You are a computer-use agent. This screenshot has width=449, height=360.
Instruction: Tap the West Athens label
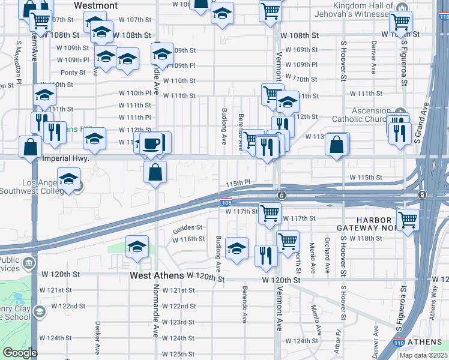pos(156,277)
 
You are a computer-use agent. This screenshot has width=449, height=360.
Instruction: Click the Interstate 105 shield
pos(226,203)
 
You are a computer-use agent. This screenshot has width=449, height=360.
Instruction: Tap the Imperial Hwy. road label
pos(67,159)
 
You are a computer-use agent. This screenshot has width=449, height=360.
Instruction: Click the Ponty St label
pos(73,73)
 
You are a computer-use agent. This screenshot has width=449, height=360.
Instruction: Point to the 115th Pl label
pos(237,182)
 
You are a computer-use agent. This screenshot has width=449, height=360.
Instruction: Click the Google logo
pos(20,352)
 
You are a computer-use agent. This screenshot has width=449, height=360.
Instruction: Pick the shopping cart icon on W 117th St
pos(270,212)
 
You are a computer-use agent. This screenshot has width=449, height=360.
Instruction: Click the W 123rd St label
pos(183,322)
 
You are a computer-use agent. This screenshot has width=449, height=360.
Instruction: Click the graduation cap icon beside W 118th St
pos(137,246)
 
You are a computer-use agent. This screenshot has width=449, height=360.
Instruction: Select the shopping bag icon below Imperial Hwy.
pos(155,172)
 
